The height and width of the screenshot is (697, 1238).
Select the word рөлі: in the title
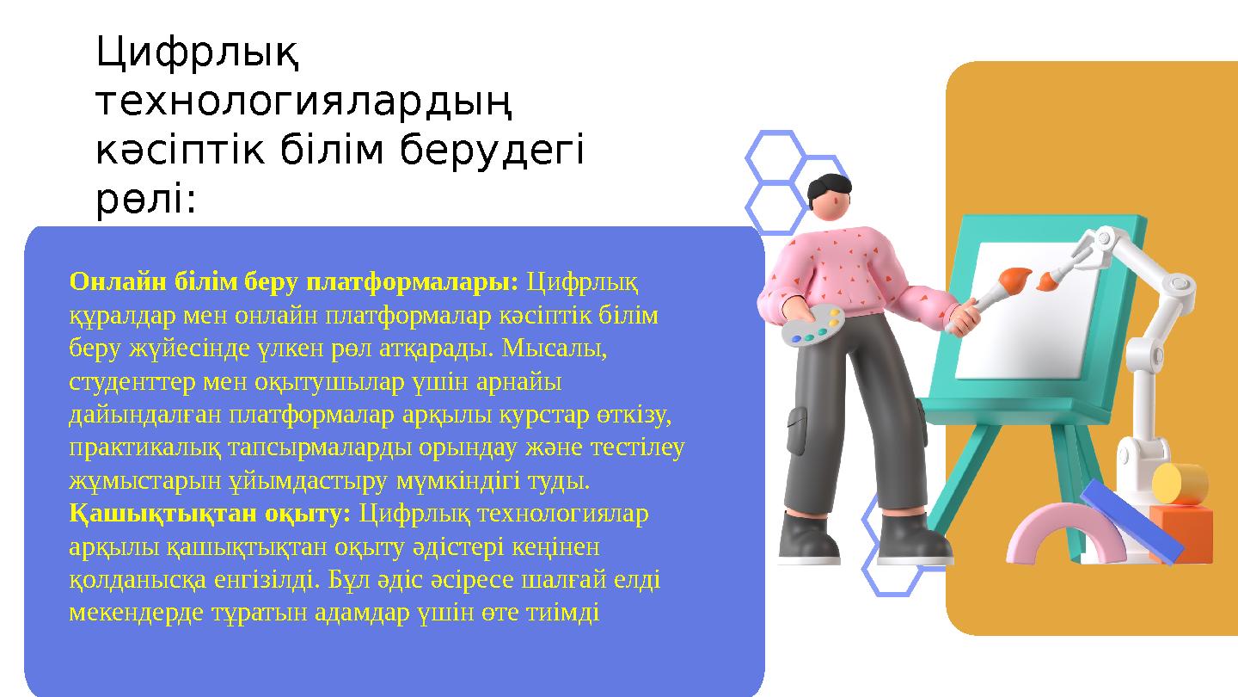pyautogui.click(x=146, y=200)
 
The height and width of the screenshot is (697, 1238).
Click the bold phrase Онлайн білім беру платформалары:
pyautogui.click(x=294, y=281)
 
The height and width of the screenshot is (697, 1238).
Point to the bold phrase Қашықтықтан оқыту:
pyautogui.click(x=210, y=514)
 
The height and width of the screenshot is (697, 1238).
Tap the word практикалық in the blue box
pyautogui.click(x=139, y=447)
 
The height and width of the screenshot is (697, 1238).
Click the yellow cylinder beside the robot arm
pyautogui.click(x=1180, y=483)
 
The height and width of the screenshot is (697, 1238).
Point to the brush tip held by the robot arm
pyautogui.click(x=1046, y=281)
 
